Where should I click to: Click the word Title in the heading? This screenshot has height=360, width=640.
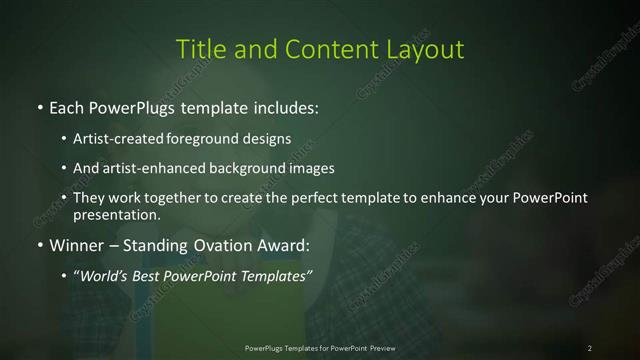point(199,48)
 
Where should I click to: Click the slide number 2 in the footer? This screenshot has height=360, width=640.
point(590,348)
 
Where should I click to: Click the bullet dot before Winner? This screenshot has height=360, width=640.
point(39,244)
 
